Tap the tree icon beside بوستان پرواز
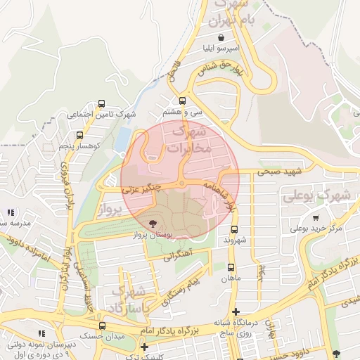pyautogui.click(x=154, y=223)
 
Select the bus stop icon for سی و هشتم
pyautogui.click(x=183, y=101)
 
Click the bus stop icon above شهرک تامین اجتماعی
pyautogui.click(x=102, y=103)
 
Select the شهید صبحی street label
pyautogui.click(x=279, y=171)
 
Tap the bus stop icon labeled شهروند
pyautogui.click(x=234, y=229)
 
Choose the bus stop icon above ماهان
pyautogui.click(x=231, y=267)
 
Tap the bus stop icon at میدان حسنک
pyautogui.click(x=102, y=326)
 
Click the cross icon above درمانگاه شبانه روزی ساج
pyautogui.click(x=236, y=311)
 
